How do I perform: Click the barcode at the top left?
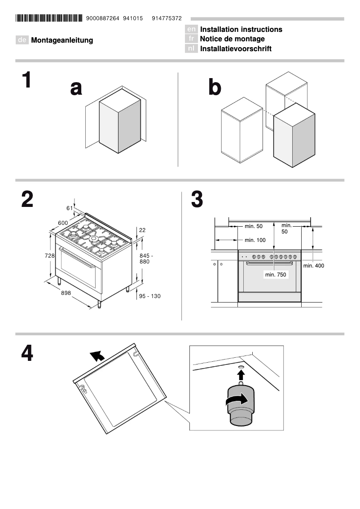pyautogui.click(x=49, y=18)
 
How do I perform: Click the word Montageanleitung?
pyautogui.click(x=62, y=40)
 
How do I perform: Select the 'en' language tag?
pyautogui.click(x=191, y=30)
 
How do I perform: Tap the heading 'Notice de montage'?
pyautogui.click(x=232, y=39)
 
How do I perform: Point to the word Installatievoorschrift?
pyautogui.click(x=236, y=48)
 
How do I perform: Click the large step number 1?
pyautogui.click(x=27, y=80)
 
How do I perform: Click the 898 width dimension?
pyautogui.click(x=66, y=293)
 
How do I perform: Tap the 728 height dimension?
pyautogui.click(x=49, y=255)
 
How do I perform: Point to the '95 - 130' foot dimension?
pyautogui.click(x=149, y=296)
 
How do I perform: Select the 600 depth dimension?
pyautogui.click(x=62, y=223)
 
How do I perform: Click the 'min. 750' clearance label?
pyautogui.click(x=275, y=274)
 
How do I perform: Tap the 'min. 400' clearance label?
pyautogui.click(x=313, y=266)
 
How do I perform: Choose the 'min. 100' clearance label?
pyautogui.click(x=255, y=240)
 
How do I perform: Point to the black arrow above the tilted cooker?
pyautogui.click(x=97, y=356)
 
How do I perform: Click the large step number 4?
pyautogui.click(x=27, y=353)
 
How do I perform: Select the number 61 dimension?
pyautogui.click(x=69, y=208)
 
